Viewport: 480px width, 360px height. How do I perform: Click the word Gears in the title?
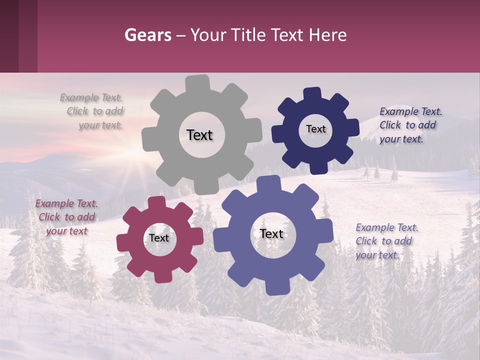148,35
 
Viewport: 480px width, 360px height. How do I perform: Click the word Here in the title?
327,35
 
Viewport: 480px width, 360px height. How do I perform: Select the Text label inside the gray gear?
199,135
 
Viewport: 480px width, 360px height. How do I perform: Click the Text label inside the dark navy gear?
315,129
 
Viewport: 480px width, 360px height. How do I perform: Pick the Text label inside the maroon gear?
159,238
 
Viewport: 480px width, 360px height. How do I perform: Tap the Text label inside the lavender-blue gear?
271,233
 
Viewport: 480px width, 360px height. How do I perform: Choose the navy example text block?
410,125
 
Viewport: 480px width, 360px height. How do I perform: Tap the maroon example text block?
66,217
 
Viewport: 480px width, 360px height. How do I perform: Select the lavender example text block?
386,241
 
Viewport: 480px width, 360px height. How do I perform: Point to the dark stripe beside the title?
18,36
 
